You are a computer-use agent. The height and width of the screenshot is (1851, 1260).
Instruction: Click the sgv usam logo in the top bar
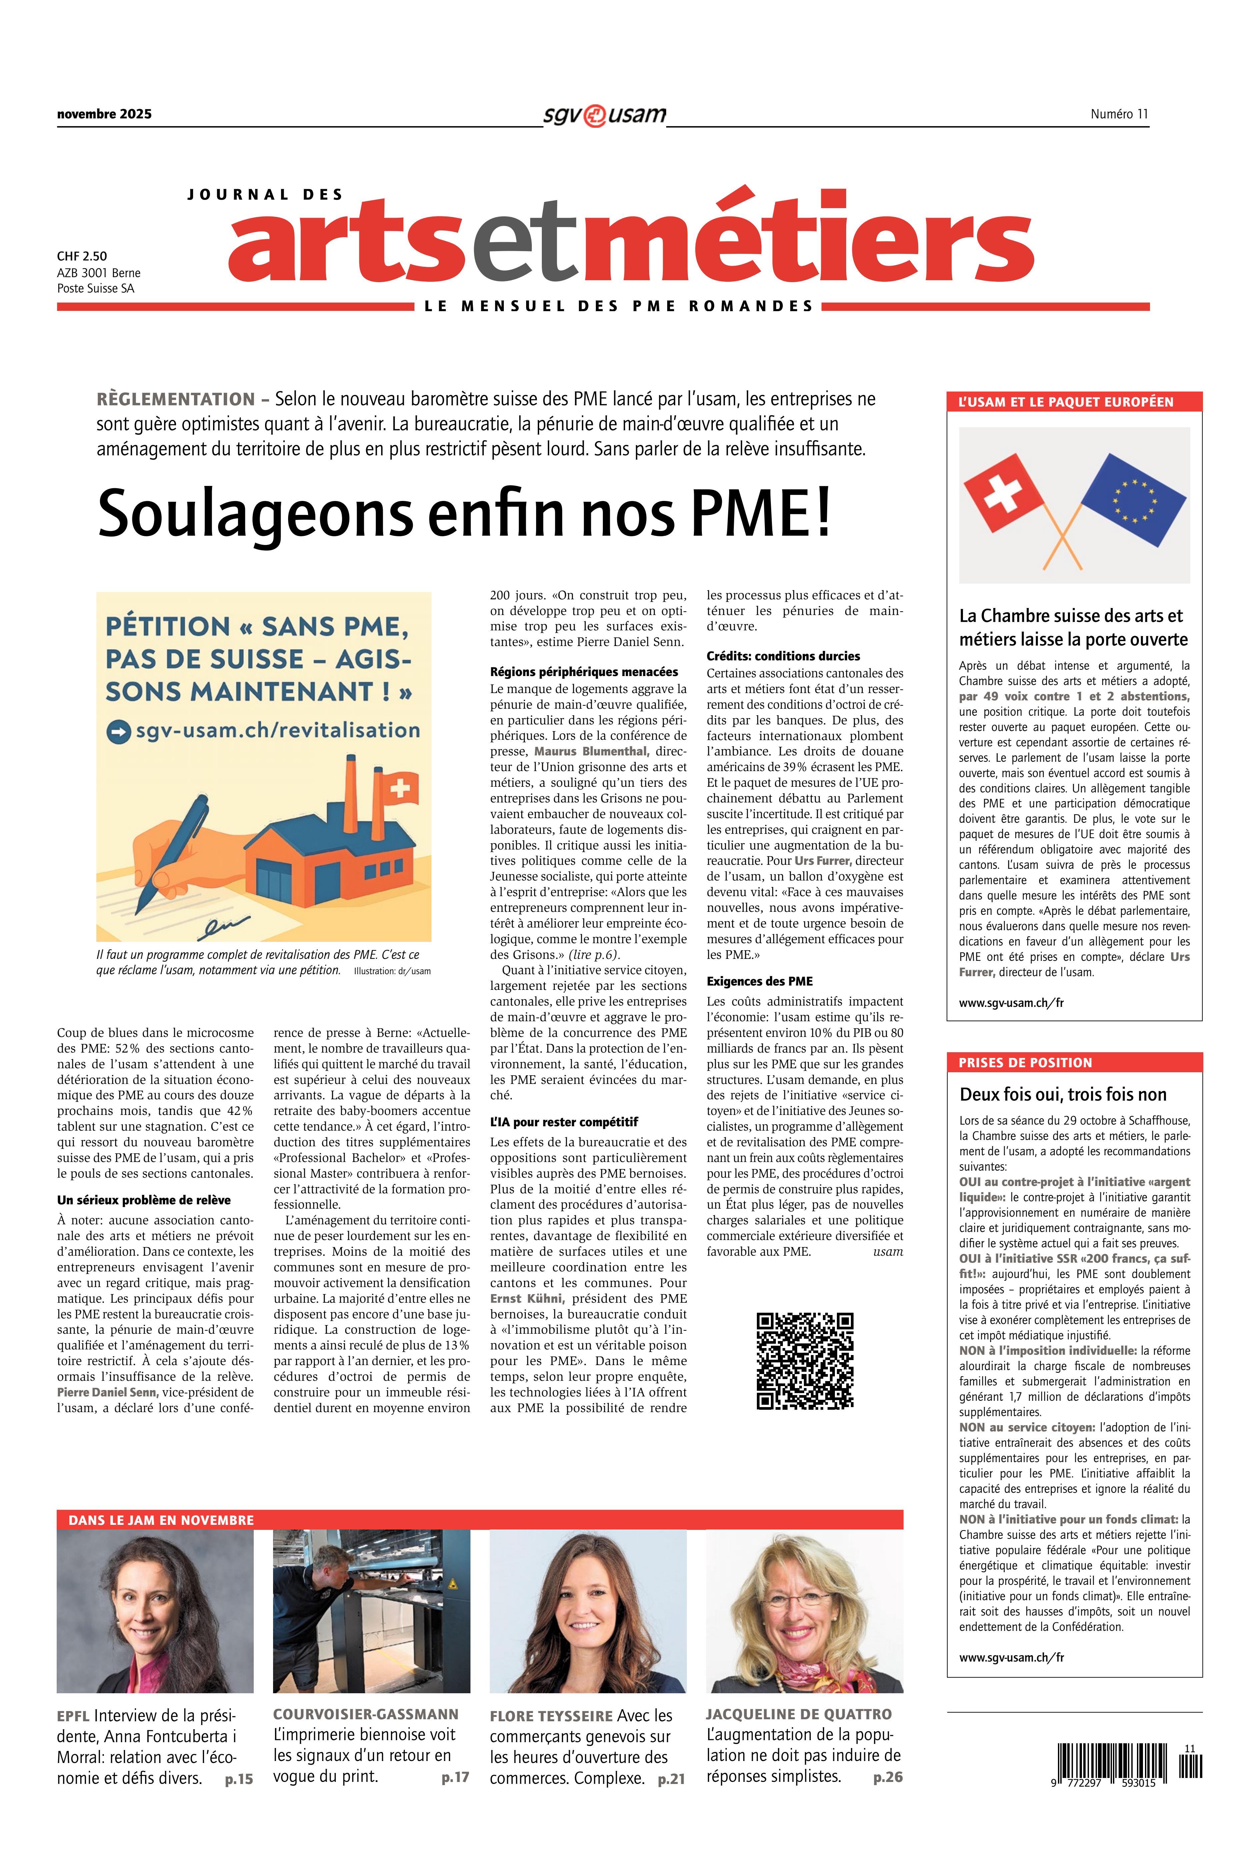(604, 115)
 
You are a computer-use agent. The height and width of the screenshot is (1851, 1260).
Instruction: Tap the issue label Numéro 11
(1119, 114)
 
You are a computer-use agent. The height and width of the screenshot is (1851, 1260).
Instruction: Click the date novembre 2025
(104, 114)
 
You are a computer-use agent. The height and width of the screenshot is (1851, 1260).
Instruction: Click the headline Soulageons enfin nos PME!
(464, 514)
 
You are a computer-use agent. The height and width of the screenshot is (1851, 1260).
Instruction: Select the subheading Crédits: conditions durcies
(783, 656)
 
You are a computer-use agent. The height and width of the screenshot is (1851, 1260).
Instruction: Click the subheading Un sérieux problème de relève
(144, 1200)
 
